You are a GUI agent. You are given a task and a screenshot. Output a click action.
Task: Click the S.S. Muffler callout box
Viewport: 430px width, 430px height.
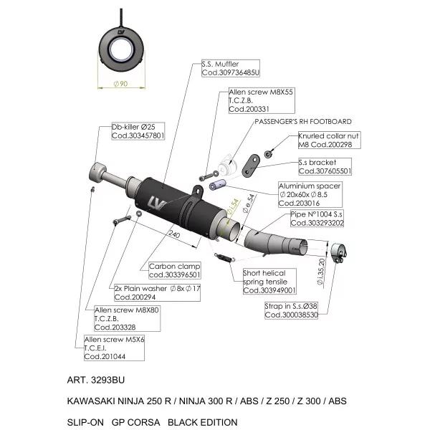tap(231, 68)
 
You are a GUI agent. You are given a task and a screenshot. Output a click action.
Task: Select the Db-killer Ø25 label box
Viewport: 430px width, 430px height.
tap(138, 131)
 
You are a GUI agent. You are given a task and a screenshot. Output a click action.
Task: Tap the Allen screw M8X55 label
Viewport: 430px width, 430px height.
tap(262, 100)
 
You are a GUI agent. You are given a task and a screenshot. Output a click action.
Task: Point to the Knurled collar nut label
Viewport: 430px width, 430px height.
tap(330, 140)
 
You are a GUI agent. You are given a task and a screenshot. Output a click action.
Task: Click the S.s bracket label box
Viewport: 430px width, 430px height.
tap(325, 166)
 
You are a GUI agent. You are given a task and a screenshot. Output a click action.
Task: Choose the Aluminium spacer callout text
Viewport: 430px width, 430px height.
tap(310, 194)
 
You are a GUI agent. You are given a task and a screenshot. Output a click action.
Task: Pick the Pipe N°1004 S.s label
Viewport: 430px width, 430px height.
tap(317, 219)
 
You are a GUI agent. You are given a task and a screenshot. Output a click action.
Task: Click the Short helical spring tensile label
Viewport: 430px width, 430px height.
tap(269, 282)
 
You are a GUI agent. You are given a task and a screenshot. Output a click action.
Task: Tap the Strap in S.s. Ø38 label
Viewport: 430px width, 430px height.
tap(291, 310)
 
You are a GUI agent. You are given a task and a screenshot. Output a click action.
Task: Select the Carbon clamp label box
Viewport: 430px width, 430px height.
tap(175, 270)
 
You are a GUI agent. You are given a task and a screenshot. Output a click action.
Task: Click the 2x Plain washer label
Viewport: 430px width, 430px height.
tap(157, 292)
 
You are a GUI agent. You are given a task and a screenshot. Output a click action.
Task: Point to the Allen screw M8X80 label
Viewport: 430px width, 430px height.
tap(128, 318)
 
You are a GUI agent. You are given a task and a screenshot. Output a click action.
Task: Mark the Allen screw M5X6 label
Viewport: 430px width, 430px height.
tap(114, 348)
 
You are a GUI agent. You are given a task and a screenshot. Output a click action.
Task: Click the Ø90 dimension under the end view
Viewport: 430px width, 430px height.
tap(120, 84)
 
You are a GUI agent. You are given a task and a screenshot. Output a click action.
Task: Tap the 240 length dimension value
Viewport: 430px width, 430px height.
tap(174, 234)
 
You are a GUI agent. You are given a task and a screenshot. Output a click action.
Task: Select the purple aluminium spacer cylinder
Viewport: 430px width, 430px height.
tap(217, 185)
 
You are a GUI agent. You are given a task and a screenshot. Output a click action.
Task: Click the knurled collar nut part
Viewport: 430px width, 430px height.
tap(268, 154)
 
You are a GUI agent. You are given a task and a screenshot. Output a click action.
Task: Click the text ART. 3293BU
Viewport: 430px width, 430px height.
tap(96, 380)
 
